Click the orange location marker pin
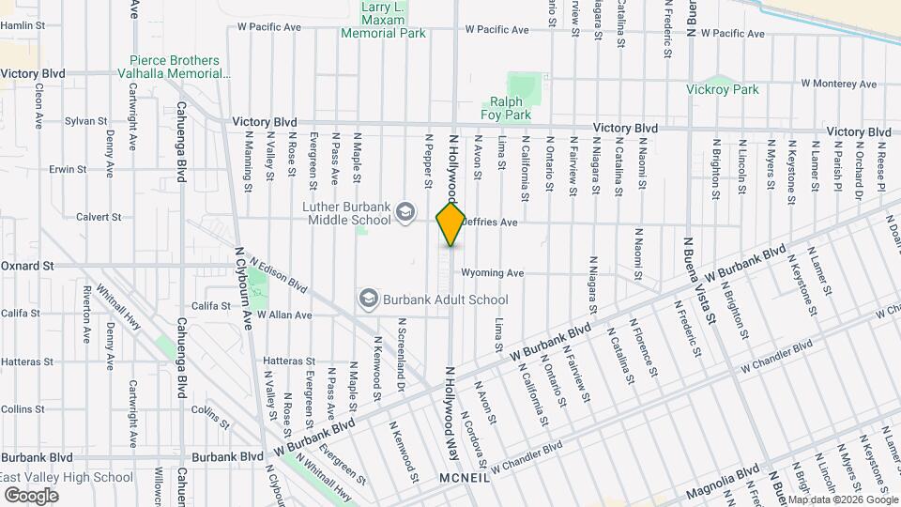[x=450, y=223]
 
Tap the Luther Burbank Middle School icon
[x=405, y=210]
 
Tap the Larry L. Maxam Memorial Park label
[x=382, y=20]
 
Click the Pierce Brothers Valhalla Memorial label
[x=176, y=67]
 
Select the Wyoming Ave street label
[x=492, y=273]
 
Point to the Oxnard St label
[x=27, y=266]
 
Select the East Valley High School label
[x=67, y=477]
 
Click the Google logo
[x=32, y=496]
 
